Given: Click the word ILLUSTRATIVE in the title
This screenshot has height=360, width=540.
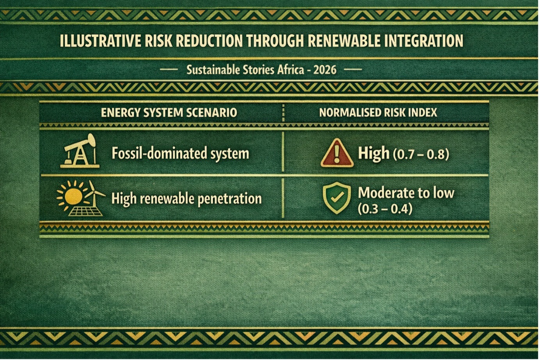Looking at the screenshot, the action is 101,41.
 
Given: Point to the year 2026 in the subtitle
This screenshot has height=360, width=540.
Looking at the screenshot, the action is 325,70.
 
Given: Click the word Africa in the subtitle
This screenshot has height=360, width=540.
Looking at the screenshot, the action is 291,70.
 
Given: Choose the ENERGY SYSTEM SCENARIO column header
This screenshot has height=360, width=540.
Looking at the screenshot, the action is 169,113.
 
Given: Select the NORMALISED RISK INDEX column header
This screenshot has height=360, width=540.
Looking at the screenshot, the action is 378,113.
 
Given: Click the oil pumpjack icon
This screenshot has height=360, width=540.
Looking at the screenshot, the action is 80,151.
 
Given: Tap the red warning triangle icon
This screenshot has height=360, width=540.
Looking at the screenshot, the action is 337,153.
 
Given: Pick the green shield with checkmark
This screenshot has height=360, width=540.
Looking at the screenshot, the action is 337,198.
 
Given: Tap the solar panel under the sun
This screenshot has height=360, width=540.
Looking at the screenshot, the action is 86,211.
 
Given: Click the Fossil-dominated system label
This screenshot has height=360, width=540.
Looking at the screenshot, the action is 180,153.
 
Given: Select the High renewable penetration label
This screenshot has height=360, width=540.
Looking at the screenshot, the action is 187,199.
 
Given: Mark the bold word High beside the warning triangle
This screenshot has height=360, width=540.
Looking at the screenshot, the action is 374,153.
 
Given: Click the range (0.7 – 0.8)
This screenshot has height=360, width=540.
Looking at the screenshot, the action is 421,154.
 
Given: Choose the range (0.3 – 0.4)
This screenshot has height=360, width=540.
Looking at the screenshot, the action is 385,209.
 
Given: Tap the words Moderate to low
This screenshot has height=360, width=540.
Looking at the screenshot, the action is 406,193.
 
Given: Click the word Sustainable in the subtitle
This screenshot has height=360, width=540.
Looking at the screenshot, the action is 213,70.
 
